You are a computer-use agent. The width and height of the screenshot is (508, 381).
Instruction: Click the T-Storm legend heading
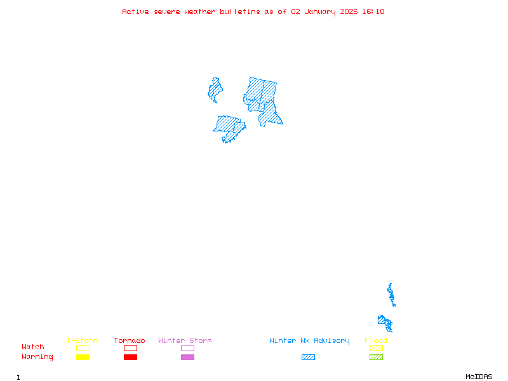point(82,341)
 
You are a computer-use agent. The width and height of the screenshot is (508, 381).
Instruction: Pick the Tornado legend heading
point(130,341)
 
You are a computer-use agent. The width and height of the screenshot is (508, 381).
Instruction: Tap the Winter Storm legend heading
point(185,341)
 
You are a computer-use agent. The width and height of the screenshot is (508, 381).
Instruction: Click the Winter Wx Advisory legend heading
point(309,341)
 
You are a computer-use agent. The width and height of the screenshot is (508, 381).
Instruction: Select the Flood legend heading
point(376,341)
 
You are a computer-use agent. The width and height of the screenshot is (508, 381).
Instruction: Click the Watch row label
point(33,347)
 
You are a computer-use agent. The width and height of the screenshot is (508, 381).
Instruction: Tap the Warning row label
point(37,357)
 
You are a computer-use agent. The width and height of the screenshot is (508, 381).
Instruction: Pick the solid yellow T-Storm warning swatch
point(83,358)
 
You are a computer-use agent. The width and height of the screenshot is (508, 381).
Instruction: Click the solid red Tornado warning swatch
point(130,358)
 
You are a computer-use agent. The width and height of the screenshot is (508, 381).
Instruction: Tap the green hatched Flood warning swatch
point(376,358)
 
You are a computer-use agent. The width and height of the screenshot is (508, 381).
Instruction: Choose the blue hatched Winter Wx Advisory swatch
point(308,358)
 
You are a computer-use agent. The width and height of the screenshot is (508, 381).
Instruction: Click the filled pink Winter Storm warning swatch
point(187,358)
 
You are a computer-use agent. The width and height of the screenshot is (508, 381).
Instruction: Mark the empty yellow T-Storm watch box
point(83,348)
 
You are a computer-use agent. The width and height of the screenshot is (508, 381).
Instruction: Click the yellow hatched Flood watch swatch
point(376,348)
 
